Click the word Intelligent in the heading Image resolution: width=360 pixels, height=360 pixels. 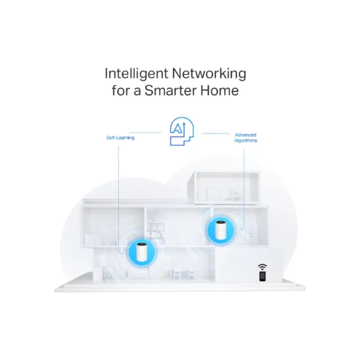[x=136, y=74]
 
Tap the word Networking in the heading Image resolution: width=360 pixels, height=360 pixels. [x=209, y=74]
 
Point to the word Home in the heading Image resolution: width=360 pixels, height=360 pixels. [x=220, y=90]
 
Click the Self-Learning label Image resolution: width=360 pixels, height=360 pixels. [x=120, y=138]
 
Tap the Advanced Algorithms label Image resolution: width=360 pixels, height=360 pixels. [x=245, y=138]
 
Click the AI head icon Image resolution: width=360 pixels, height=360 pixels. [x=182, y=131]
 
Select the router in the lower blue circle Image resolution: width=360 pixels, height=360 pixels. [x=141, y=252]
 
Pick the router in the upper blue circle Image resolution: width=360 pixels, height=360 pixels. [x=221, y=230]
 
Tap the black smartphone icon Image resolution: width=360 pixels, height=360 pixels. [x=262, y=276]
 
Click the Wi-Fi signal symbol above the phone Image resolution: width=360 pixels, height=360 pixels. [x=262, y=267]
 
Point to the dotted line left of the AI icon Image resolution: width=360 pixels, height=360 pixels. [x=145, y=133]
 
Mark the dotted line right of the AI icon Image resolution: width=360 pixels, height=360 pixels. [x=216, y=133]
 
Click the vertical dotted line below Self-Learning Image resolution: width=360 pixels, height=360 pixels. [x=118, y=200]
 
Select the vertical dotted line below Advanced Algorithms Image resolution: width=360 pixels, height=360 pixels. [x=243, y=189]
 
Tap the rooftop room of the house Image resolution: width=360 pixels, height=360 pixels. [x=224, y=188]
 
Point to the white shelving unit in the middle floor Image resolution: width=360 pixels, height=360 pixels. [x=156, y=231]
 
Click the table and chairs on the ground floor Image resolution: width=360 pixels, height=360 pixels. [x=183, y=274]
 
